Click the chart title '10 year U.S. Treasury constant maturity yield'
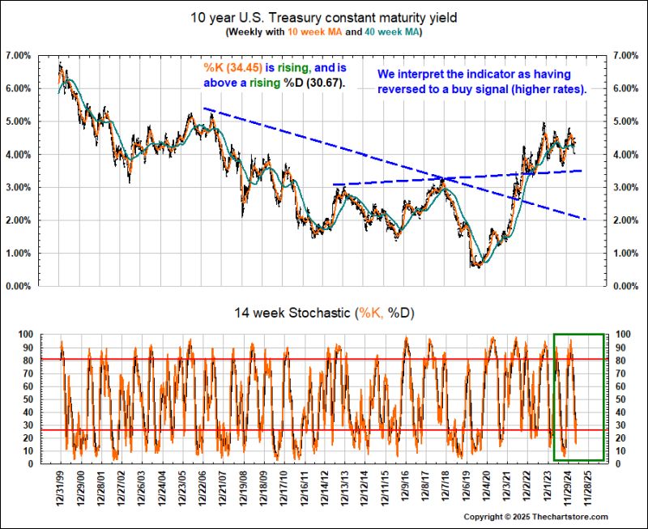[323, 17]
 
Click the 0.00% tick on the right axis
[626, 286]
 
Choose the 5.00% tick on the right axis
[626, 122]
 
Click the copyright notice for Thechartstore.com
[535, 517]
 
